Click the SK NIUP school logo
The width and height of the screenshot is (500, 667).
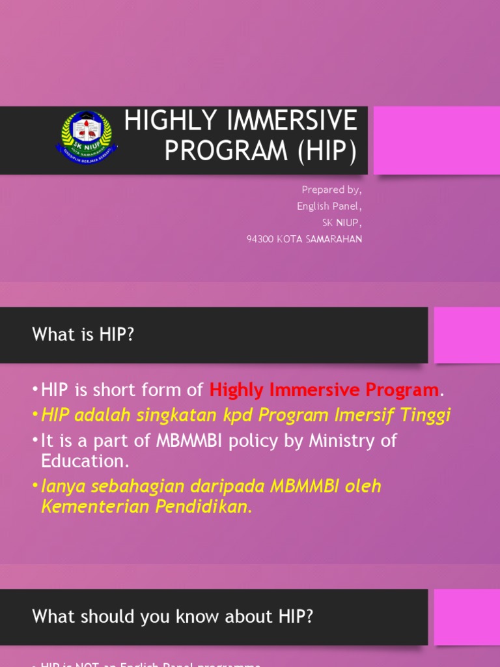click(x=86, y=138)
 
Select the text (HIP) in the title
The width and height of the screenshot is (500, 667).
click(x=327, y=150)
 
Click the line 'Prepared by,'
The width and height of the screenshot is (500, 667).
click(x=331, y=190)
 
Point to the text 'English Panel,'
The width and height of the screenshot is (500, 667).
click(x=329, y=206)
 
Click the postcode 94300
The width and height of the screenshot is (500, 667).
click(x=260, y=239)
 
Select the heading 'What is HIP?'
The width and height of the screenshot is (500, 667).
click(x=83, y=335)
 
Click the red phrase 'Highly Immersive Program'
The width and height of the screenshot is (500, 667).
click(x=324, y=390)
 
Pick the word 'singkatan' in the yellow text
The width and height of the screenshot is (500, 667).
click(x=189, y=415)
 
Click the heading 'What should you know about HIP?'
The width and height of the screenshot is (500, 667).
click(x=173, y=616)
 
